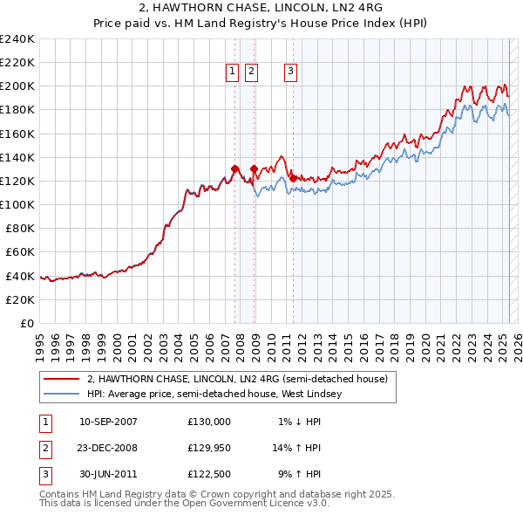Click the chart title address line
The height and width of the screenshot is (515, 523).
tap(261, 8)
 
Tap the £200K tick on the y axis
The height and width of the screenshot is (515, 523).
tap(17, 86)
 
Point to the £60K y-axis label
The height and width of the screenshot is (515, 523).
tap(20, 251)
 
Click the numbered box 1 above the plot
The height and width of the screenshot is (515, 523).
tap(234, 72)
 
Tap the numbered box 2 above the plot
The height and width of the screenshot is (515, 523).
tap(251, 72)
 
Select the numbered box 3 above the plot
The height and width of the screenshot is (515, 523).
tap(290, 72)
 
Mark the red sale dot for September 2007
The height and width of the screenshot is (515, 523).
tap(235, 169)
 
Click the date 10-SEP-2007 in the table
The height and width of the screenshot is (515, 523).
tap(108, 422)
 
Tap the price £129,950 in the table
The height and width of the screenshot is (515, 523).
tap(209, 448)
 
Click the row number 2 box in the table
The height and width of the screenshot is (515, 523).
tap(44, 448)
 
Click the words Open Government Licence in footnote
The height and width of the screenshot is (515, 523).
tap(253, 504)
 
